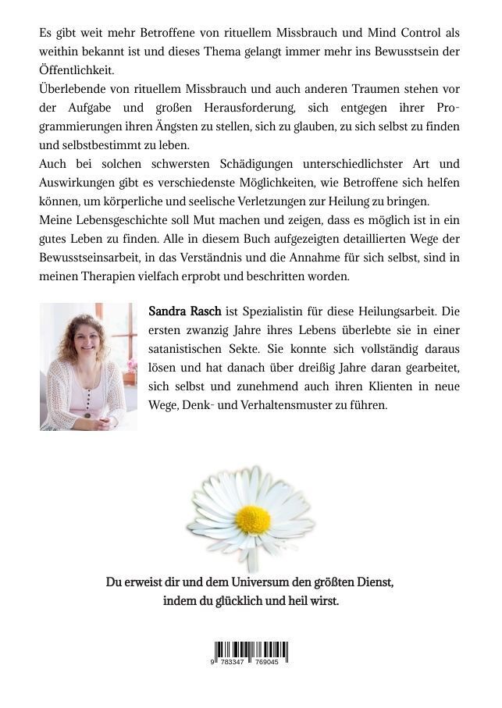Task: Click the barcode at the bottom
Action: tap(250, 652)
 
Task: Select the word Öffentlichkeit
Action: tap(76, 69)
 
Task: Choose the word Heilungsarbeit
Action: tap(394, 311)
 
